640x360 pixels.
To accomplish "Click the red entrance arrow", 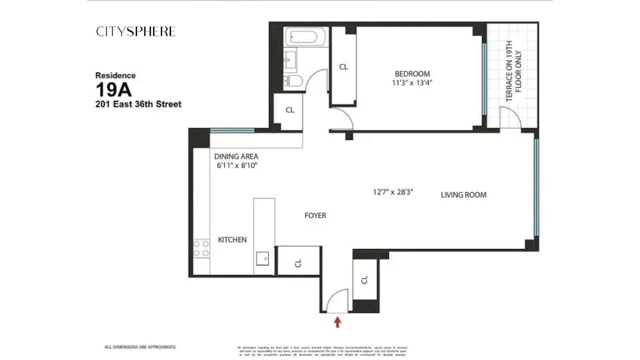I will click(338, 322).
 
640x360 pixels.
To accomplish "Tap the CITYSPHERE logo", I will click(136, 31).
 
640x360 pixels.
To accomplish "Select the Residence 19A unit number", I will click(114, 90).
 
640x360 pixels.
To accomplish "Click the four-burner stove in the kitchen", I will click(201, 249).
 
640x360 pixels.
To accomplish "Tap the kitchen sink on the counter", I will click(262, 258).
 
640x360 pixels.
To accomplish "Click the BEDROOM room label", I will click(412, 74).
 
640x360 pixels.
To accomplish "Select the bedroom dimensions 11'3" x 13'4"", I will click(412, 83).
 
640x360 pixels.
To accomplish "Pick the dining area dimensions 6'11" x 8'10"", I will click(237, 165).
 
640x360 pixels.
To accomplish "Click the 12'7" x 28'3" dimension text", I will click(393, 192).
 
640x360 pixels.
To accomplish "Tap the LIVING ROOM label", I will click(463, 195).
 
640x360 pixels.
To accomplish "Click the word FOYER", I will click(315, 216).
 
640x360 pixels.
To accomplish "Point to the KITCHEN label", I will click(232, 240).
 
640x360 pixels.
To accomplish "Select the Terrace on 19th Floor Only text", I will click(513, 71).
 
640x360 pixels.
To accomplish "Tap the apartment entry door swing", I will click(337, 301).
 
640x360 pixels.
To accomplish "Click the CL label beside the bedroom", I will click(343, 67).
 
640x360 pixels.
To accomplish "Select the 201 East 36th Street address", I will click(138, 104).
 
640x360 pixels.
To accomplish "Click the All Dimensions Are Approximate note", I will click(140, 347).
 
